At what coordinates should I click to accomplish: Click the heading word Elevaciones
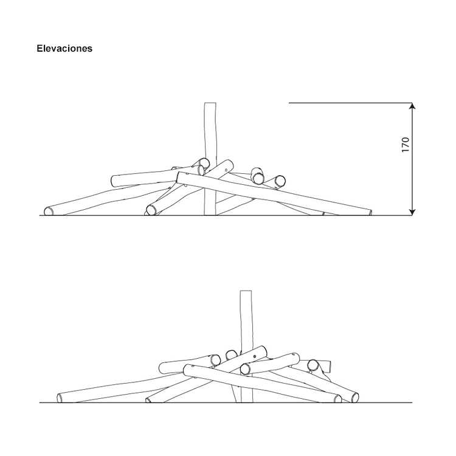[x=64, y=48]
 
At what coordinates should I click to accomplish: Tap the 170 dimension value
[x=405, y=145]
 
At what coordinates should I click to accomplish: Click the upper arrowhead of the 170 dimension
[x=412, y=106]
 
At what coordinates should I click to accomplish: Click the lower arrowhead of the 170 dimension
[x=412, y=212]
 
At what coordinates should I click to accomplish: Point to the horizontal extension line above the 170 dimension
[x=350, y=103]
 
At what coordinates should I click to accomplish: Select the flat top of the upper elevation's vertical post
[x=210, y=103]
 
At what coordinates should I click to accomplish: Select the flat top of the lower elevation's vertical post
[x=246, y=291]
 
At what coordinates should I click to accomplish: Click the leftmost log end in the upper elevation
[x=49, y=212]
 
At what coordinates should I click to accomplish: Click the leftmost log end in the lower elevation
[x=60, y=398]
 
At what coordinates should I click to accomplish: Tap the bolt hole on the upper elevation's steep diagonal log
[x=226, y=170]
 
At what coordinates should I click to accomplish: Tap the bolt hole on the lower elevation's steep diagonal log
[x=255, y=356]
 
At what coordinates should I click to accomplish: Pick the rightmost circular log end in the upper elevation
[x=280, y=181]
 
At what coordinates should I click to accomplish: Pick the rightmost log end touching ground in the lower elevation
[x=354, y=397]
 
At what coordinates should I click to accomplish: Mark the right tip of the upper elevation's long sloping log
[x=370, y=213]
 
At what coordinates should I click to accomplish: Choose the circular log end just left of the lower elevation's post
[x=232, y=355]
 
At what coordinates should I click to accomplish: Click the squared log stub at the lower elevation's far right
[x=327, y=367]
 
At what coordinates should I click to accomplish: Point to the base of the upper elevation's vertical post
[x=210, y=215]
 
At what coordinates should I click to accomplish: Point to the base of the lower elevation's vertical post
[x=247, y=402]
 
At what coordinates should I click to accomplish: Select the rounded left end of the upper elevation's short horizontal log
[x=114, y=181]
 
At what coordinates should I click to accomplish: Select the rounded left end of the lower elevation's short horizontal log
[x=162, y=368]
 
